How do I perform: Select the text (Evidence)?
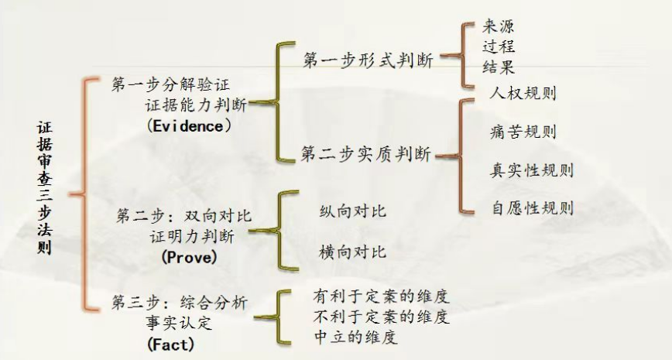(x=188, y=125)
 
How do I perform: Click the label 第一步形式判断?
(x=367, y=59)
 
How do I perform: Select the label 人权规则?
(x=523, y=93)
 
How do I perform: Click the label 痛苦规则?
(x=523, y=131)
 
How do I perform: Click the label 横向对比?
(x=352, y=252)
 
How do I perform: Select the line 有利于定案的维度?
(x=382, y=297)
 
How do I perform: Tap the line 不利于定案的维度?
(x=382, y=317)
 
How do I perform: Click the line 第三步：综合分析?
(x=180, y=303)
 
